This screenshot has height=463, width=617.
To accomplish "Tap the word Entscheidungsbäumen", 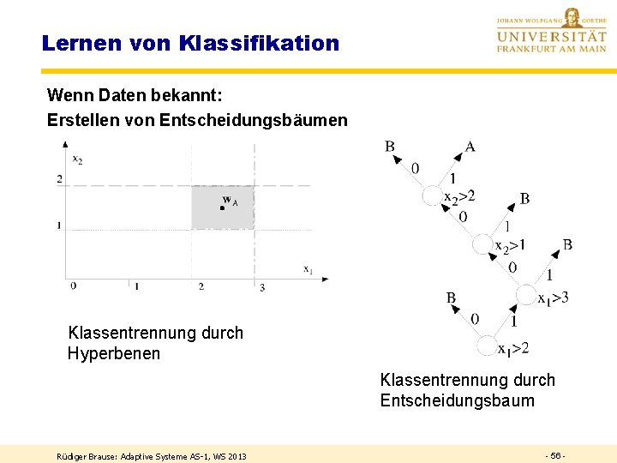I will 254,120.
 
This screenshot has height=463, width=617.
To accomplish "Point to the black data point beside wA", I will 221,207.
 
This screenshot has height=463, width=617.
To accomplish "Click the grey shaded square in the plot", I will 223,207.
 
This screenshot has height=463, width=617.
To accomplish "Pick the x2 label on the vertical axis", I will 77,159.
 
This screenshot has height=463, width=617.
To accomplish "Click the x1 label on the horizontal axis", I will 307,268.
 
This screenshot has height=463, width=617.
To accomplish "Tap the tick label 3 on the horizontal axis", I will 262,286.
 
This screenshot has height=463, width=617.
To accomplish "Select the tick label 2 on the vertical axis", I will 59,178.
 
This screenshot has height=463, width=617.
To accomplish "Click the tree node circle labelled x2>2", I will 432,196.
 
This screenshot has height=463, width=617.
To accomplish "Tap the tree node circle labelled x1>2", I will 487,346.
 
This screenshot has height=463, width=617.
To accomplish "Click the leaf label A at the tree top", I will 470,147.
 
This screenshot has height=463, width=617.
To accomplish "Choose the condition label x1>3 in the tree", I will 554,298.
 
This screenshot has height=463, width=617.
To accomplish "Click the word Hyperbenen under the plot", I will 114,353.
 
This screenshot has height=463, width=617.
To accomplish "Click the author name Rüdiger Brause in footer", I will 88,456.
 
